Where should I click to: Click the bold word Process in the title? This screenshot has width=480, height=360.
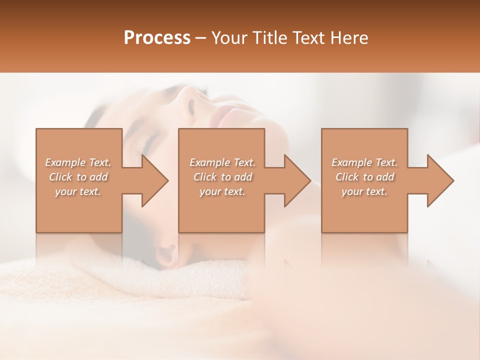tap(157, 38)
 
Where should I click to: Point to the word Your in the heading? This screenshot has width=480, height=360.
tap(229, 38)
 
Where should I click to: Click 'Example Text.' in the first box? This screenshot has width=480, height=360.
tap(78, 162)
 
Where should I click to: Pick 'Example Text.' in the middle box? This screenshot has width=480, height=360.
tap(222, 162)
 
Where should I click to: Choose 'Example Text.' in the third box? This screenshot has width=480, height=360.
tap(364, 162)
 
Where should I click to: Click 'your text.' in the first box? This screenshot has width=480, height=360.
tap(78, 191)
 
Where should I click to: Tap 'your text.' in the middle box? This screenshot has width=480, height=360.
tap(222, 191)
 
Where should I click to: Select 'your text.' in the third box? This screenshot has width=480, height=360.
tap(364, 191)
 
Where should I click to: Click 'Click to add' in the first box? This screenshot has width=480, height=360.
tap(78, 177)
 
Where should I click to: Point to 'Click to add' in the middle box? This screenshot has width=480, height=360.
tap(222, 177)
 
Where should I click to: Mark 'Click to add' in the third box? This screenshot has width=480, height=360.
tap(364, 177)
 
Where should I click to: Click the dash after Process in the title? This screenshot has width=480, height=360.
tap(201, 38)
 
